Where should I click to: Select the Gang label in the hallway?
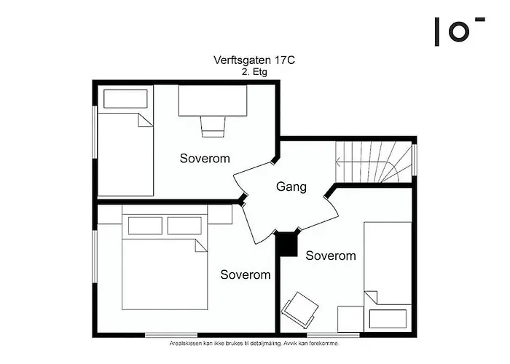pyautogui.click(x=291, y=187)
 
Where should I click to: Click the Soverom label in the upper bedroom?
pyautogui.click(x=205, y=158)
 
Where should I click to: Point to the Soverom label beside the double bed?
pyautogui.click(x=246, y=274)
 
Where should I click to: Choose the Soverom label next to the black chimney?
pyautogui.click(x=331, y=256)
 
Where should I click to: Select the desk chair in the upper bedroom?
pyautogui.click(x=213, y=127)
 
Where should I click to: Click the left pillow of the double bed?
pyautogui.click(x=143, y=226)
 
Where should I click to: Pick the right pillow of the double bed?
pyautogui.click(x=184, y=226)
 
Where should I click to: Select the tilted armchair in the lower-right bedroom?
pyautogui.click(x=299, y=310)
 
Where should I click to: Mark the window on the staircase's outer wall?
pyautogui.click(x=414, y=161)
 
